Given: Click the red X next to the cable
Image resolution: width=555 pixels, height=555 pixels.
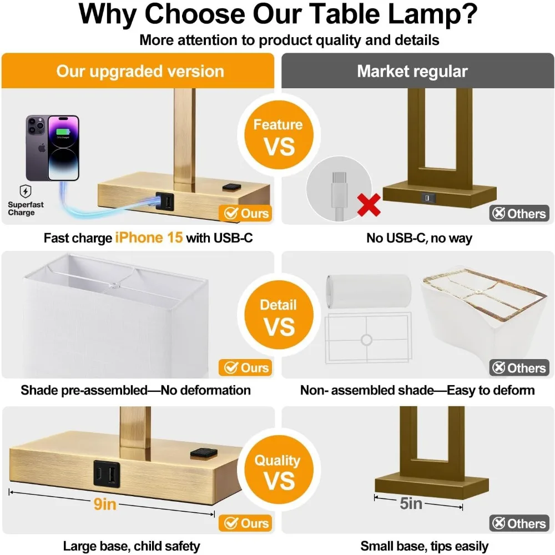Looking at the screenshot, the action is pos(369,205).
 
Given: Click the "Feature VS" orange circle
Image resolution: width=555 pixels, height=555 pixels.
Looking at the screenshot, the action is pos(279,135).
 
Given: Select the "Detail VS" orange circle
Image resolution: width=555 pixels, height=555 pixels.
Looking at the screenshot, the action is pos(279,315).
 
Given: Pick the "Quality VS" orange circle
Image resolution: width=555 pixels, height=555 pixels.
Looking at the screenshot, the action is pos(279,470).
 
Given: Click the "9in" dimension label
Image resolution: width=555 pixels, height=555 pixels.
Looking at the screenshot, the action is pos(105,504).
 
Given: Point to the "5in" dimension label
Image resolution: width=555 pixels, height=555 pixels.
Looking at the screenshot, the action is pos(411,503).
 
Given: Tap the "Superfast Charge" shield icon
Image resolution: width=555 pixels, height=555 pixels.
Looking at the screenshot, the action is pos(26,191).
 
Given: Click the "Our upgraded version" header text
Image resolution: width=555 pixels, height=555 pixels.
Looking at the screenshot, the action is pos(140,72).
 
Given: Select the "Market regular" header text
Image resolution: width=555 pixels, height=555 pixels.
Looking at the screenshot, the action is pos(412,71).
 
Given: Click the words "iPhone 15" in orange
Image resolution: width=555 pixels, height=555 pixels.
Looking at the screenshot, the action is pos(149,238).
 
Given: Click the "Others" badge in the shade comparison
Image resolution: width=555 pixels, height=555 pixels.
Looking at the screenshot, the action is pos(519,368).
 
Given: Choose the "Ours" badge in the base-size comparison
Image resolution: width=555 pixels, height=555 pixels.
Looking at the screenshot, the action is pos(245,523).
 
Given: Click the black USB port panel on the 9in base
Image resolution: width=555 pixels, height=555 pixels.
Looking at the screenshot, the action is pos(107,473).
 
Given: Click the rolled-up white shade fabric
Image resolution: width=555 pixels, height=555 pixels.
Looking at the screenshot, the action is pos(369,291).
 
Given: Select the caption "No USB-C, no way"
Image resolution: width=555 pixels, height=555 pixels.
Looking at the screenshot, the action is pos(419,238).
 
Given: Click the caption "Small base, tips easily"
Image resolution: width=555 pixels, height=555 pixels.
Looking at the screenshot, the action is pos(424,546).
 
